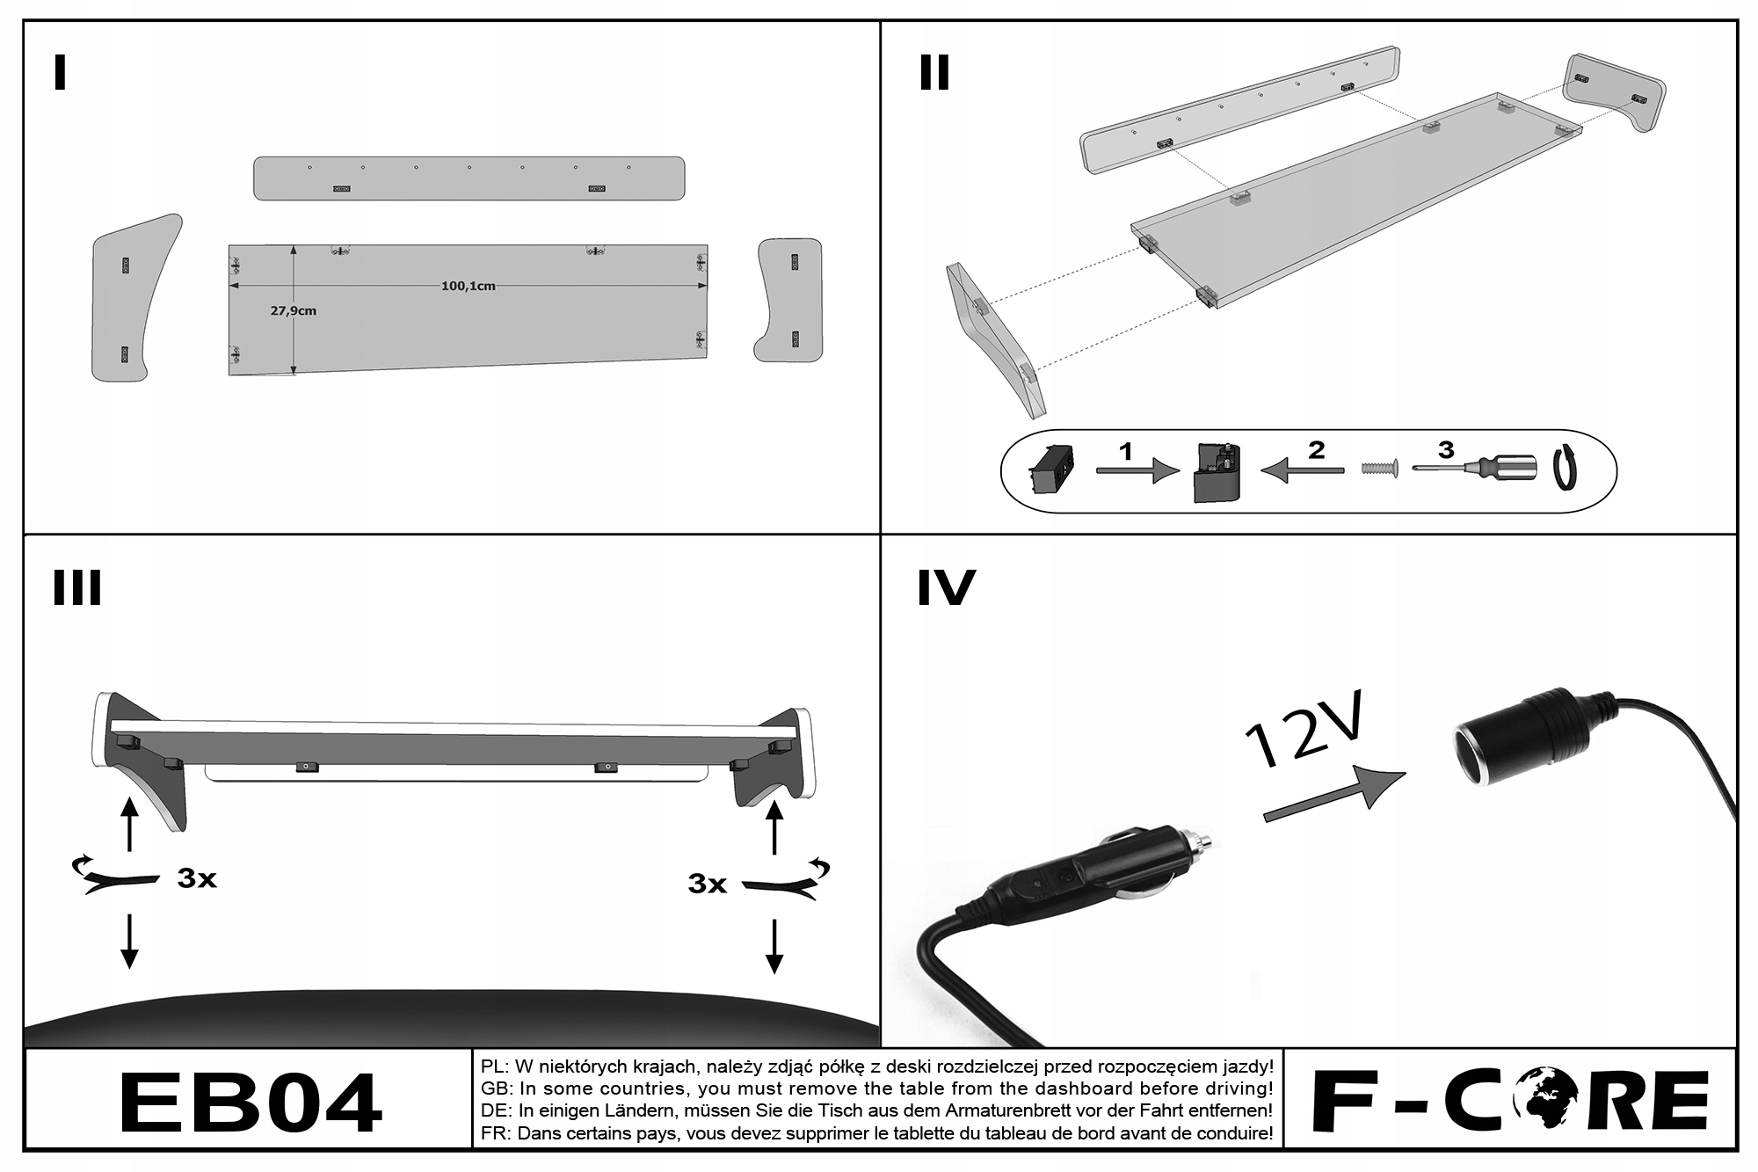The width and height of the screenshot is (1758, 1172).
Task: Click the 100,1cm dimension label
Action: [x=468, y=286]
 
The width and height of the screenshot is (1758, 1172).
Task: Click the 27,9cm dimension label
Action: [x=294, y=310]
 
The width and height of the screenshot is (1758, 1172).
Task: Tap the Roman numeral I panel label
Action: [x=60, y=73]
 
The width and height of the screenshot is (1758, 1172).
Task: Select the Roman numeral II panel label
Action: [x=934, y=73]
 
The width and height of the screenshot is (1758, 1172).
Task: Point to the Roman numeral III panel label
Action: [x=77, y=588]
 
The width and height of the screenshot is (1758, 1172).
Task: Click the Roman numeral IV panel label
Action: [x=946, y=588]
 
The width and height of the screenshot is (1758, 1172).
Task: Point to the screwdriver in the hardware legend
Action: [x=1477, y=467]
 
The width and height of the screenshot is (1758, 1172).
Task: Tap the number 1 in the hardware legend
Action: [x=1126, y=452]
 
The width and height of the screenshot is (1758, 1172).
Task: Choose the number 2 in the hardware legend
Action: [x=1316, y=450]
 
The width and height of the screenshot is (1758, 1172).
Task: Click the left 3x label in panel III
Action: [x=197, y=878]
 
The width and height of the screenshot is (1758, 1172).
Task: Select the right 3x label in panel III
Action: [x=708, y=884]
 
